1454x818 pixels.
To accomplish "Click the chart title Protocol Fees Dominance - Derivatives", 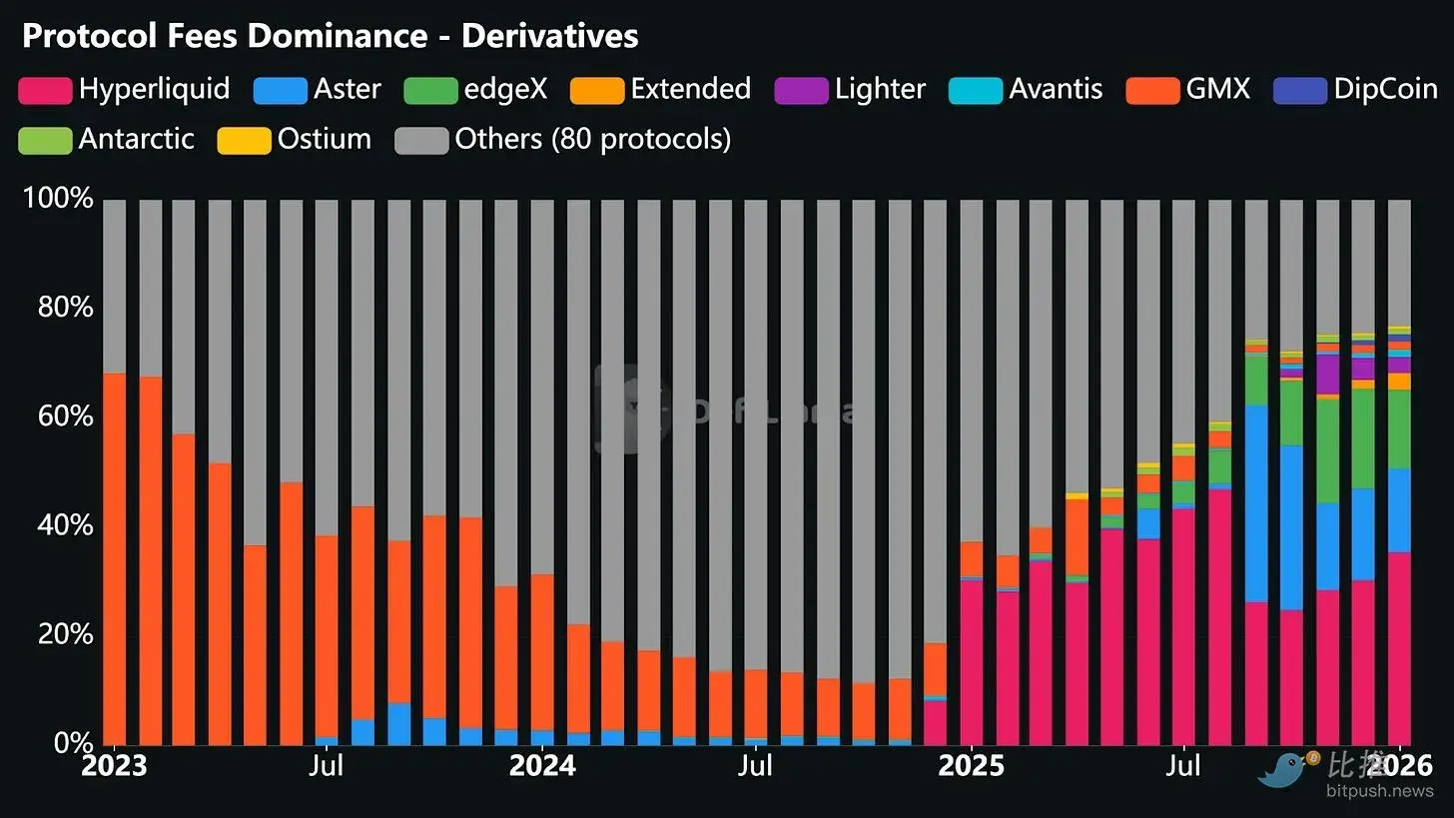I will click(x=330, y=37).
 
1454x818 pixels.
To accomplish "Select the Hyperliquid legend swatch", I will click(x=45, y=90).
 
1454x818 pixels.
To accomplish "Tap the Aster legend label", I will click(x=347, y=89).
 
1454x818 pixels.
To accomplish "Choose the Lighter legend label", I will click(x=880, y=89).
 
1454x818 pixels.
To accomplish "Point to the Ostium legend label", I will click(x=324, y=139).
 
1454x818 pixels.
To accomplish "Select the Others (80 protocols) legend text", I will click(x=592, y=139).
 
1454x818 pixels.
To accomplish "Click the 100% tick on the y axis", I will click(x=57, y=199).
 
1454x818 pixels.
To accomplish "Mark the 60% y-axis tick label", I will click(x=65, y=416).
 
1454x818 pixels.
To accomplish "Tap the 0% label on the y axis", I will click(x=72, y=743).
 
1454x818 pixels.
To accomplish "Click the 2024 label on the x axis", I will click(x=542, y=767).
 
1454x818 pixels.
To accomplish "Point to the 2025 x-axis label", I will click(x=971, y=767).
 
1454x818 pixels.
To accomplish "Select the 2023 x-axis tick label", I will click(x=115, y=767).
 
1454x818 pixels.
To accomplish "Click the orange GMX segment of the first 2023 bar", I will click(x=115, y=559).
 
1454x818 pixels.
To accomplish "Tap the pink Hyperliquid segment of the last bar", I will click(x=1399, y=649).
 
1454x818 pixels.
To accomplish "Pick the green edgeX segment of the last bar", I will click(x=1399, y=429).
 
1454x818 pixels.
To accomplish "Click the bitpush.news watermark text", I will click(x=1379, y=791).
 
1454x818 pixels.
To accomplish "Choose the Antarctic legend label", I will click(x=136, y=139).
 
